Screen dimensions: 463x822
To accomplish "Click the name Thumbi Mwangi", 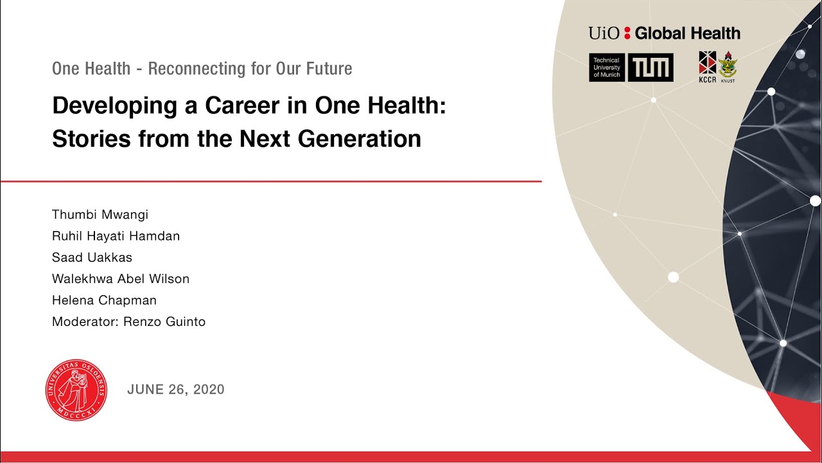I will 100,215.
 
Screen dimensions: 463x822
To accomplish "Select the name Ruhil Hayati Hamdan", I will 116,236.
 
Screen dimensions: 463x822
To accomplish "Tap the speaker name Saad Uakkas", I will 92,258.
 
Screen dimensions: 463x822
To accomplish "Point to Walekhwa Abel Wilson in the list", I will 121,279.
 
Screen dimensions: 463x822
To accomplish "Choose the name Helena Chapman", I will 104,300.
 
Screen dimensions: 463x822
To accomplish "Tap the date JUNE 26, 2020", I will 176,389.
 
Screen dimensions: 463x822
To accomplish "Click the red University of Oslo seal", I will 76,390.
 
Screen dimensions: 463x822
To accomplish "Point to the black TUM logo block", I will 651,68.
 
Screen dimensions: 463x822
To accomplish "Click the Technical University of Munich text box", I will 607,68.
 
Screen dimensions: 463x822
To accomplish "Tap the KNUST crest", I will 728,66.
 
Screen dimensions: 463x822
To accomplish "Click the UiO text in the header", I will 604,33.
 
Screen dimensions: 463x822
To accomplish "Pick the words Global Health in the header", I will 687,33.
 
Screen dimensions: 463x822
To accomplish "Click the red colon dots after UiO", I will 627,33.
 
